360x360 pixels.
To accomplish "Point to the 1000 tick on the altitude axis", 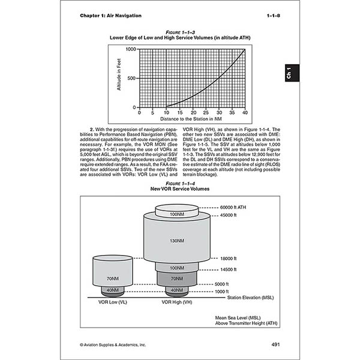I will [x=131, y=49].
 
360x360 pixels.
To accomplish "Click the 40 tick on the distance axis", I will [x=245, y=112].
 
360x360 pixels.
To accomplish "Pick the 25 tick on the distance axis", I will [x=192, y=112].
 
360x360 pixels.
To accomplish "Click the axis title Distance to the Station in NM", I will [x=192, y=119].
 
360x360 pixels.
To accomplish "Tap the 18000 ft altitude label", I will [x=228, y=259].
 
